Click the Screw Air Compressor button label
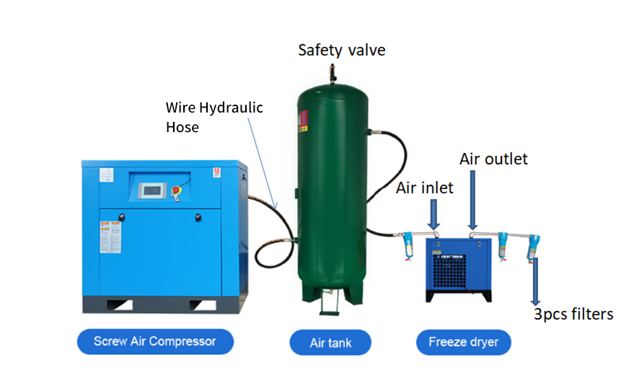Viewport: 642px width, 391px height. [155, 341]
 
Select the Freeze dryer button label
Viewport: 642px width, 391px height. [463, 342]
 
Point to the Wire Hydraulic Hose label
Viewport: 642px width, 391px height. [214, 116]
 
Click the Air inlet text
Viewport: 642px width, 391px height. [425, 188]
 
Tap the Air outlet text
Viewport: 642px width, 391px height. [494, 158]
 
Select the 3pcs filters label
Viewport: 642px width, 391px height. [573, 314]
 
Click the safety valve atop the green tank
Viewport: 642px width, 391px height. [333, 71]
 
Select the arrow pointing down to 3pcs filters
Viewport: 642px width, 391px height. [535, 281]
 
